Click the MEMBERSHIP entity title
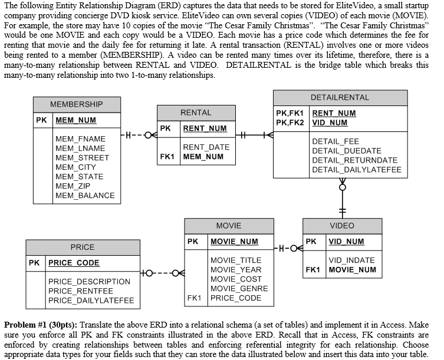tap(76, 104)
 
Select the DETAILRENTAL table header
tap(340, 97)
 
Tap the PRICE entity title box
tap(83, 247)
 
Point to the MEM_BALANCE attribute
tap(85, 196)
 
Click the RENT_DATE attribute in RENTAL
tap(206, 147)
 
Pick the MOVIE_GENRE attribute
tap(239, 289)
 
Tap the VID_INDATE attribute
tap(351, 260)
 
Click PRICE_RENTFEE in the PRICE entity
tap(81, 291)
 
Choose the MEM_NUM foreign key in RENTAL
tap(203, 157)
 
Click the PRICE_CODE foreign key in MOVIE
tap(236, 298)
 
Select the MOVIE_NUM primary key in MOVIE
tap(235, 242)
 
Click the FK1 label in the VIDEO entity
tap(313, 270)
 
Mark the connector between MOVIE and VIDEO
tap(287, 247)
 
